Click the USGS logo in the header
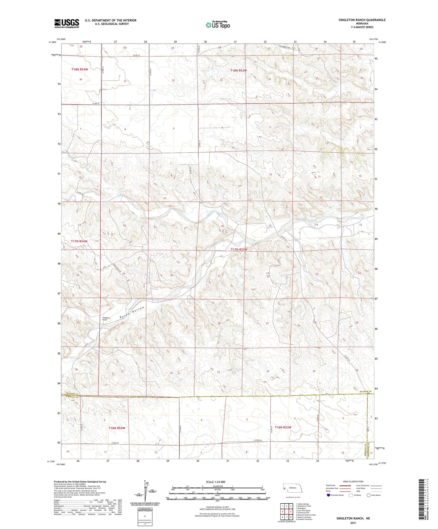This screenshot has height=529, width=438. [66, 23]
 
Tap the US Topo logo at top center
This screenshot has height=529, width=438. [217, 25]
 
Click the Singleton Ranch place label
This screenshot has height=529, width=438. [105, 318]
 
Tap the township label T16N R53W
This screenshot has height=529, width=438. [283, 427]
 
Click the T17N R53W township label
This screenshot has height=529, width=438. [239, 250]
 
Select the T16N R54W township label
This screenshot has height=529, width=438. [117, 428]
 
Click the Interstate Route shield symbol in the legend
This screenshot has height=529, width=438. [329, 495]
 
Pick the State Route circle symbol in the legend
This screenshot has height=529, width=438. [369, 495]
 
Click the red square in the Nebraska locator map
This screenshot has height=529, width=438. [285, 488]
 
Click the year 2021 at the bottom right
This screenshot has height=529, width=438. [353, 523]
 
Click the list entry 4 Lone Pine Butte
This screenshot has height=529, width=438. [303, 511]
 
